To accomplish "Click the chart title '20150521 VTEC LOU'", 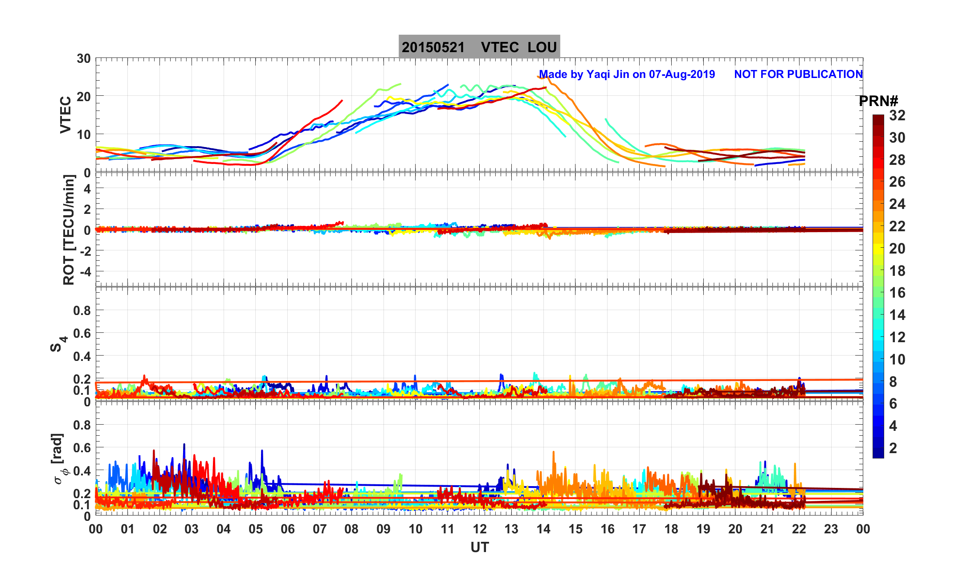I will pos(479,47).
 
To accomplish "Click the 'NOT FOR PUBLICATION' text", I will pos(798,74).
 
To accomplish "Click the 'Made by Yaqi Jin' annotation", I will pos(627,74).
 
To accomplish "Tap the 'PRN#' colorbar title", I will pos(878,102).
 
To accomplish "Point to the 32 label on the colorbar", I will pos(897,116).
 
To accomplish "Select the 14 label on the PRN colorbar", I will pos(897,315).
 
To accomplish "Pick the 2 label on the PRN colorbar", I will pos(893,448).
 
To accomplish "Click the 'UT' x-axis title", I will pos(480,548).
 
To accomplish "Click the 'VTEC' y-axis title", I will pos(65,115).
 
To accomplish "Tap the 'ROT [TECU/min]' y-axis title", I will pos(69,230).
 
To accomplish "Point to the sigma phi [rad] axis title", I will pos(59,459).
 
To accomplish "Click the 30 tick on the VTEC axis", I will pos(83,59).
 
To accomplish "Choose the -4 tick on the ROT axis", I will pos(83,271).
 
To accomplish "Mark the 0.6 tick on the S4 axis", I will pos(82,333).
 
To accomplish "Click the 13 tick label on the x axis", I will pos(511,529).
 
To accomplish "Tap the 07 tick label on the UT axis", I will pos(319,529).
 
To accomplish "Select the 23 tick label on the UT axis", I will pos(831,529).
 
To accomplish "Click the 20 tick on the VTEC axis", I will pos(83,96).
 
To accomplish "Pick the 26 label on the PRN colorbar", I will pos(897,182).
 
